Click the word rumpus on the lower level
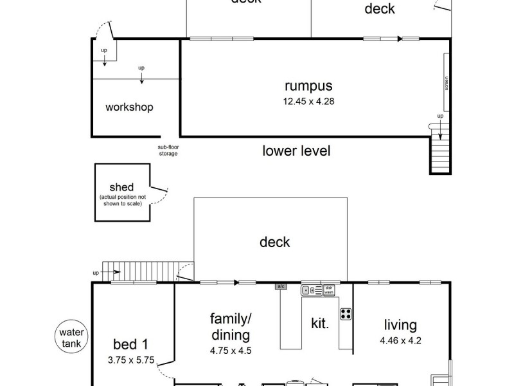(309, 86)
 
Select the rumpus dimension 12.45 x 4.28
(309, 101)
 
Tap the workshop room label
(129, 107)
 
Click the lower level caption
(296, 151)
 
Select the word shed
(121, 187)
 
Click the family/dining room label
(230, 327)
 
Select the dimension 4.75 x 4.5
(230, 351)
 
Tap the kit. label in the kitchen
(319, 324)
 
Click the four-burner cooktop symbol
(346, 315)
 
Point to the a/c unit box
(281, 286)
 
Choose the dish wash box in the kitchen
(328, 290)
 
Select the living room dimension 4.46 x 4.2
(400, 341)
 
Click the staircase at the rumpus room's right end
(440, 153)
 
